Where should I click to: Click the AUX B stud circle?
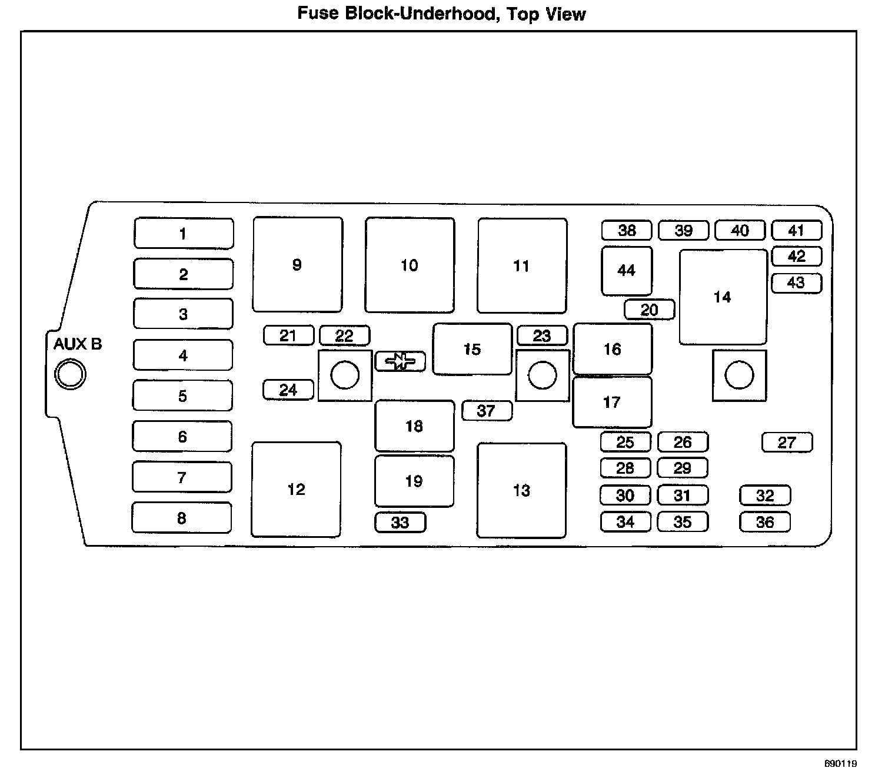click(x=70, y=374)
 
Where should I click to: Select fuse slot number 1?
click(x=184, y=234)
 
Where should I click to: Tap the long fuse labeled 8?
click(x=182, y=518)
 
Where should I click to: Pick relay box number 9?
click(x=298, y=265)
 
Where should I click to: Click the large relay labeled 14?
click(x=723, y=297)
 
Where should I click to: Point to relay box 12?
click(x=297, y=489)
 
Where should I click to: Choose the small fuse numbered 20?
click(x=650, y=310)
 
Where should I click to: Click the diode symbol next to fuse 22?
click(x=400, y=361)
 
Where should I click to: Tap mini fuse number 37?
click(x=487, y=410)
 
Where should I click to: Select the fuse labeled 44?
click(x=627, y=271)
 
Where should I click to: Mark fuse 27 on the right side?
click(x=787, y=443)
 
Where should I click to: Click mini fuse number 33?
click(x=400, y=523)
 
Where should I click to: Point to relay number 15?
click(x=473, y=349)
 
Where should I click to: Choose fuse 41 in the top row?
click(x=796, y=230)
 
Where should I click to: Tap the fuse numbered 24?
click(x=288, y=390)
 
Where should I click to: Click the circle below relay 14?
click(x=739, y=375)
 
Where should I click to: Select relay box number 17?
click(x=612, y=402)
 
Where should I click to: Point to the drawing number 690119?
click(x=840, y=764)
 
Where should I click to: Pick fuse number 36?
click(x=765, y=522)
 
